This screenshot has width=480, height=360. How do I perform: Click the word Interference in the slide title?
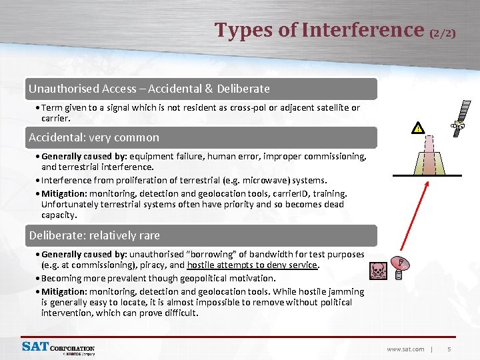point(363,30)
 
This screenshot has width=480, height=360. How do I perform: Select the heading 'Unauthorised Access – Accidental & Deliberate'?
point(149,89)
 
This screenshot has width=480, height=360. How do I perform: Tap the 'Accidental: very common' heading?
point(94,137)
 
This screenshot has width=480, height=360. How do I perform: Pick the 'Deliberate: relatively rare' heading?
point(94,235)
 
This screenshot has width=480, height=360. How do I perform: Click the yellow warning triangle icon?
point(418,128)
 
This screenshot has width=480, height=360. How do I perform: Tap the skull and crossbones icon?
point(377,270)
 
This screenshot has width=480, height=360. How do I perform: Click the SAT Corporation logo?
point(59,348)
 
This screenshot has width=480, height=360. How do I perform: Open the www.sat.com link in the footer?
point(405,349)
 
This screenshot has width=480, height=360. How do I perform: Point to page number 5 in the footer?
point(449,349)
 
